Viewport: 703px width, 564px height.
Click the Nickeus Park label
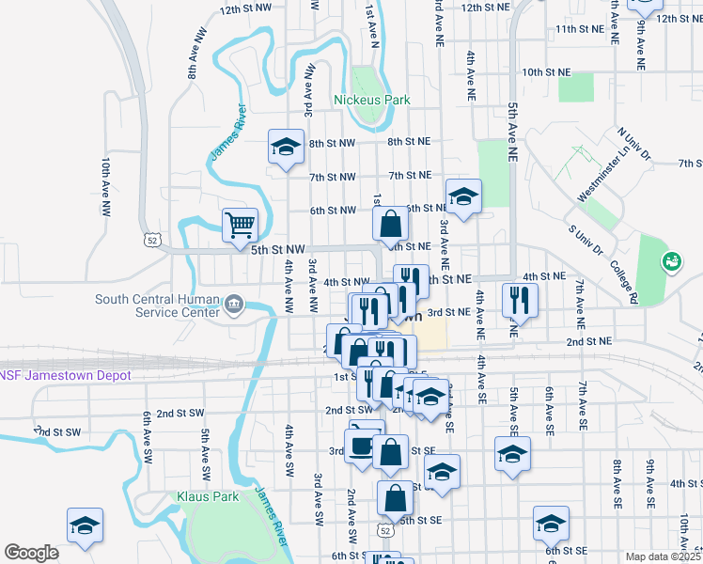tap(372, 99)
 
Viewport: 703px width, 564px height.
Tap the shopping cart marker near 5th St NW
tap(240, 225)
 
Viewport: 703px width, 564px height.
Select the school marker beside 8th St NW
tap(285, 146)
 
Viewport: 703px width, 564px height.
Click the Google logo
tap(31, 553)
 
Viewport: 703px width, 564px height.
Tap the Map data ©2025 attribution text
tap(662, 556)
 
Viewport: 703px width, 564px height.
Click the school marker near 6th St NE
tap(462, 196)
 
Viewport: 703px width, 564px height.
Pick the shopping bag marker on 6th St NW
tap(390, 224)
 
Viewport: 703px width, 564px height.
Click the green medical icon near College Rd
tap(671, 260)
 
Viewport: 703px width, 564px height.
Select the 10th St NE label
tap(546, 71)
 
